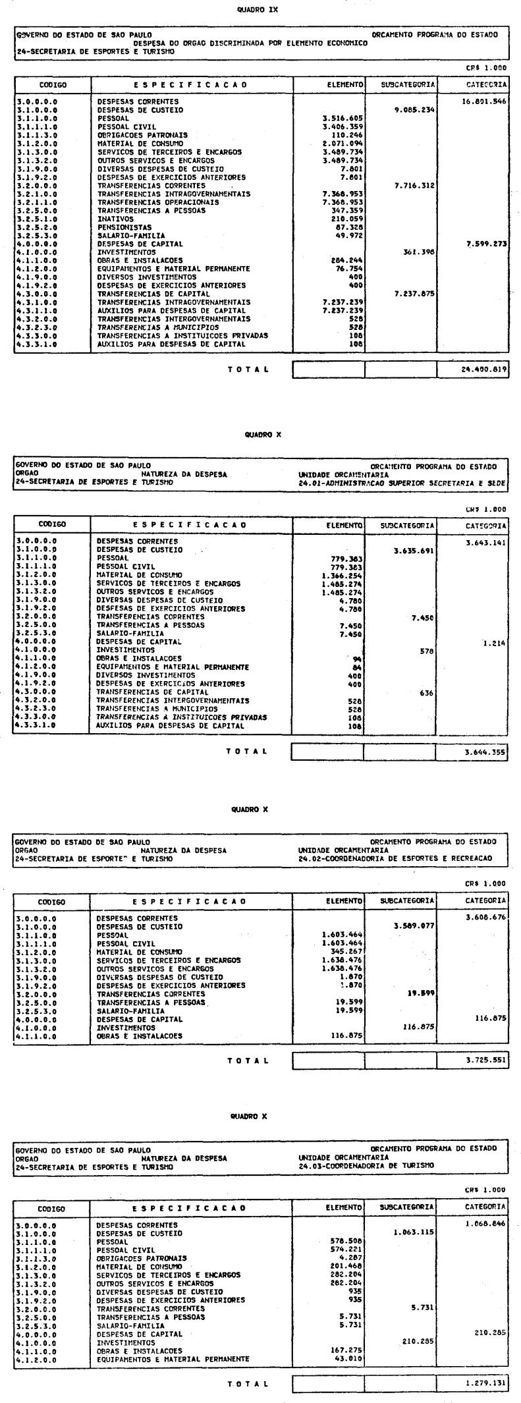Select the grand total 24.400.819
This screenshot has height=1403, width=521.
[485, 370]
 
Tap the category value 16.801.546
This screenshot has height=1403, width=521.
[485, 102]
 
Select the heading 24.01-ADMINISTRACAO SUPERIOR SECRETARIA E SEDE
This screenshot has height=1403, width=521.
[402, 483]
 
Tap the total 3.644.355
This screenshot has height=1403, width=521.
[485, 750]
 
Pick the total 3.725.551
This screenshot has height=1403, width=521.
[485, 1060]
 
